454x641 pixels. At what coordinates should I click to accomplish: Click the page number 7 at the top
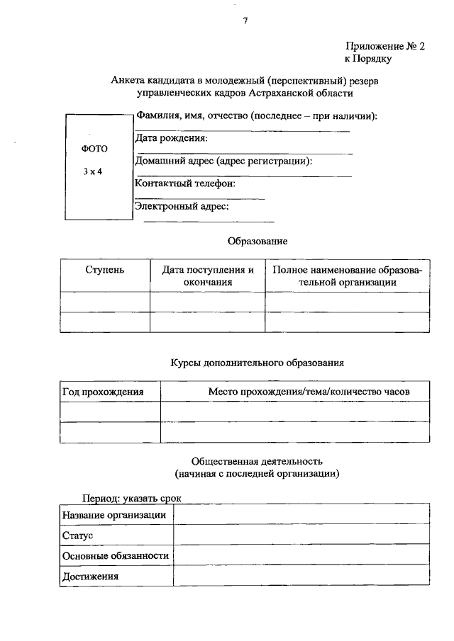tap(245, 21)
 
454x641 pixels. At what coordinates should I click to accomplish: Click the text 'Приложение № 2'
tap(386, 46)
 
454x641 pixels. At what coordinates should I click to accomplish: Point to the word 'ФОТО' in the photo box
tap(95, 149)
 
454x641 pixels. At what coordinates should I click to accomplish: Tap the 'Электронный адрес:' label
tap(182, 206)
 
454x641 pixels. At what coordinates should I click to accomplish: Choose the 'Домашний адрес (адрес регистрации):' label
tap(223, 161)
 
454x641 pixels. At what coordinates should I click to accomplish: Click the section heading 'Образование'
tap(257, 241)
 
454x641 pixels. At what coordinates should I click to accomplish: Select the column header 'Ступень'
tap(104, 270)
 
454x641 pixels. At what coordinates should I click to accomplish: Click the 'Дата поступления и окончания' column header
tap(207, 276)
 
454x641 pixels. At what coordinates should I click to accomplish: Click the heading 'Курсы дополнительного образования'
tap(257, 362)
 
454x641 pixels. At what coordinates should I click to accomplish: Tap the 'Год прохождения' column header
tap(104, 391)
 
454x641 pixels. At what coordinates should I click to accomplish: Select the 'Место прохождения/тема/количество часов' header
tap(309, 391)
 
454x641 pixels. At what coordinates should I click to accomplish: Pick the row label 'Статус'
tap(78, 535)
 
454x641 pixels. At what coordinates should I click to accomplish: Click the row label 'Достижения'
tap(90, 577)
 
